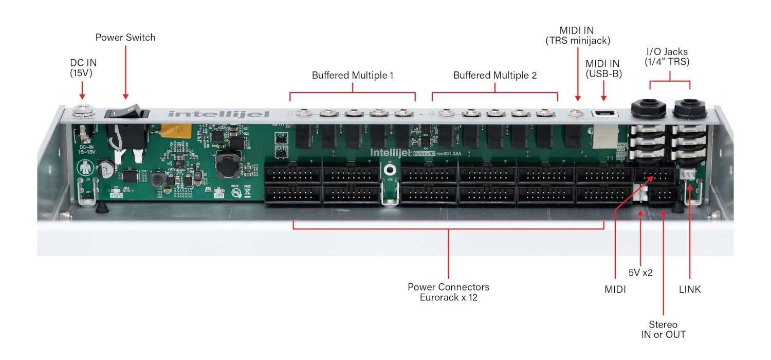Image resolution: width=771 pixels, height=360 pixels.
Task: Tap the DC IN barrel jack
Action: [81, 110]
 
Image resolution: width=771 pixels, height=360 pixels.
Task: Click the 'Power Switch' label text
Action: [125, 38]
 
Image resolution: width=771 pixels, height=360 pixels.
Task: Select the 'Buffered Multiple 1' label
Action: [353, 75]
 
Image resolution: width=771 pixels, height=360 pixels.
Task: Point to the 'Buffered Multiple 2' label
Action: [494, 75]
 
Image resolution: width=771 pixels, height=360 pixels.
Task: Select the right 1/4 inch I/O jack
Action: [690, 108]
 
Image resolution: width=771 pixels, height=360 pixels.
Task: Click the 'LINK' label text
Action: [689, 290]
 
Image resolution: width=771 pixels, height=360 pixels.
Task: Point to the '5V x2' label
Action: [640, 273]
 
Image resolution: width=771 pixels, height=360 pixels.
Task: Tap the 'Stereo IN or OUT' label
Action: [663, 330]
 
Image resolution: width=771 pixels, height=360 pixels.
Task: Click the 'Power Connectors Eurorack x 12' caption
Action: [448, 292]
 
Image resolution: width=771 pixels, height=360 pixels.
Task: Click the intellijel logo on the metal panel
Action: [219, 113]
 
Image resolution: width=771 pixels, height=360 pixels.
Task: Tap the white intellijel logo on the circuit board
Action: [392, 152]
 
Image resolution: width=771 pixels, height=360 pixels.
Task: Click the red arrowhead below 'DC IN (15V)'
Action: [82, 96]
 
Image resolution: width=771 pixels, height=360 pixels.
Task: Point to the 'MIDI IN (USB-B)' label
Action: [603, 68]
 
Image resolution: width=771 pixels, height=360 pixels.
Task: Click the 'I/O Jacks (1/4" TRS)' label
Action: [667, 57]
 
